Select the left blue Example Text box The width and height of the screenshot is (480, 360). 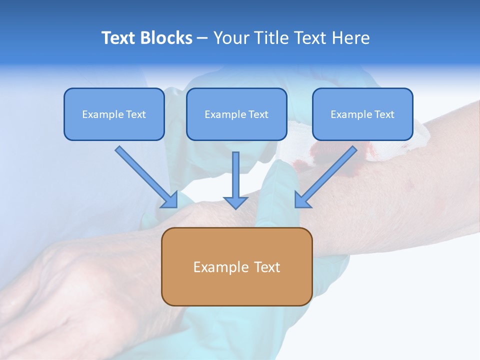click(114, 114)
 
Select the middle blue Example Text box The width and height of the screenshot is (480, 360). click(236, 114)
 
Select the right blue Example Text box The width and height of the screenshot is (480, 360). click(362, 114)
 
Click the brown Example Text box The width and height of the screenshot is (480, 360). click(236, 266)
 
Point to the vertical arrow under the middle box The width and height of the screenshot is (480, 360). click(235, 175)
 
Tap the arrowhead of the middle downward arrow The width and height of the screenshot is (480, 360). click(235, 202)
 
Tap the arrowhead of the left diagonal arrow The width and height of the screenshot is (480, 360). click(170, 200)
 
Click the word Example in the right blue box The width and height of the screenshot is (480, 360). click(347, 114)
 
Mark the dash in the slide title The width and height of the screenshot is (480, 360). click(202, 38)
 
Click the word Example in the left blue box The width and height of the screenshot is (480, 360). click(99, 114)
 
